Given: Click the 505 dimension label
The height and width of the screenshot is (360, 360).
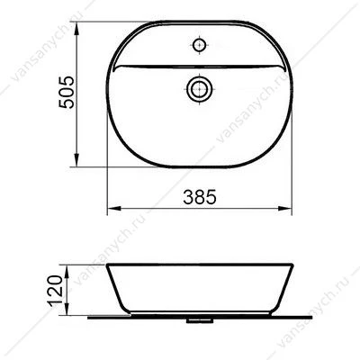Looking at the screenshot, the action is pyautogui.click(x=67, y=92).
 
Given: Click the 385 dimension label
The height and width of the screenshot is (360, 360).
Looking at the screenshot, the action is pyautogui.click(x=200, y=197).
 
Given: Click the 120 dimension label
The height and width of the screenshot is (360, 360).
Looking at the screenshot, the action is pyautogui.click(x=56, y=291).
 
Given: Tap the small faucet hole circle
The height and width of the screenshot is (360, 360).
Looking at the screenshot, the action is pyautogui.click(x=200, y=45).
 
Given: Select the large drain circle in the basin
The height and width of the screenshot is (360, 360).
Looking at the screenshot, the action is pyautogui.click(x=200, y=89).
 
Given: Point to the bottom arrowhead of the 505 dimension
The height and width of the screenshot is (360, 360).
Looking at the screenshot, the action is pyautogui.click(x=76, y=160).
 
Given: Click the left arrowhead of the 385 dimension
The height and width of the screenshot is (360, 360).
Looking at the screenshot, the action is pyautogui.click(x=114, y=209).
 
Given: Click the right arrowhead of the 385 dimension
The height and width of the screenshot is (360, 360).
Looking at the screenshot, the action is pyautogui.click(x=284, y=209).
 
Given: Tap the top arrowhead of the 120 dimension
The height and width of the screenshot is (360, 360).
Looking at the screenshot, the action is pyautogui.click(x=67, y=271).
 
